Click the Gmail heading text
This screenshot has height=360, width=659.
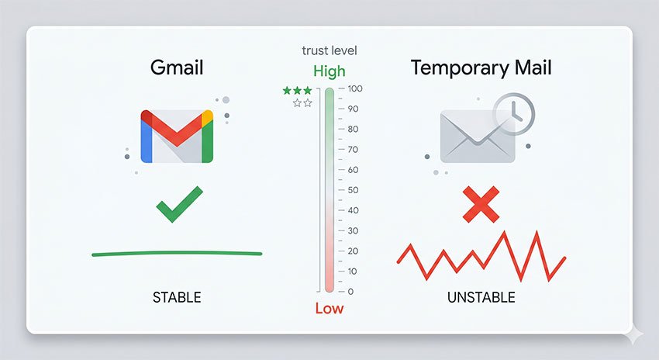[176, 67]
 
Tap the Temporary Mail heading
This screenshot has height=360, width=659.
[481, 67]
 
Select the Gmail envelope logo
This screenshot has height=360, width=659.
[177, 136]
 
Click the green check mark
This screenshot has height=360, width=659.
[179, 203]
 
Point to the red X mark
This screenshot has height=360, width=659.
[481, 204]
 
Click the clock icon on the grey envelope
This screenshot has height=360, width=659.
[513, 113]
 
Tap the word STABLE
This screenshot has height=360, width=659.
[177, 297]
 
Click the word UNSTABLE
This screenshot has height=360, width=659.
[481, 297]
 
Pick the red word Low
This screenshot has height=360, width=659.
[329, 309]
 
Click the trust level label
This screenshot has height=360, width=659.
[329, 51]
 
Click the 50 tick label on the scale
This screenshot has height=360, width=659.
[353, 190]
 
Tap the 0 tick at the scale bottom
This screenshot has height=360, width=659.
[350, 292]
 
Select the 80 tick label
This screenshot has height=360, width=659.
[353, 130]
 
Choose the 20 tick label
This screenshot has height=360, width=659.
[353, 251]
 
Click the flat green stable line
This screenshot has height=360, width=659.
[177, 253]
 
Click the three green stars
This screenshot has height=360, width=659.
[298, 91]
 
